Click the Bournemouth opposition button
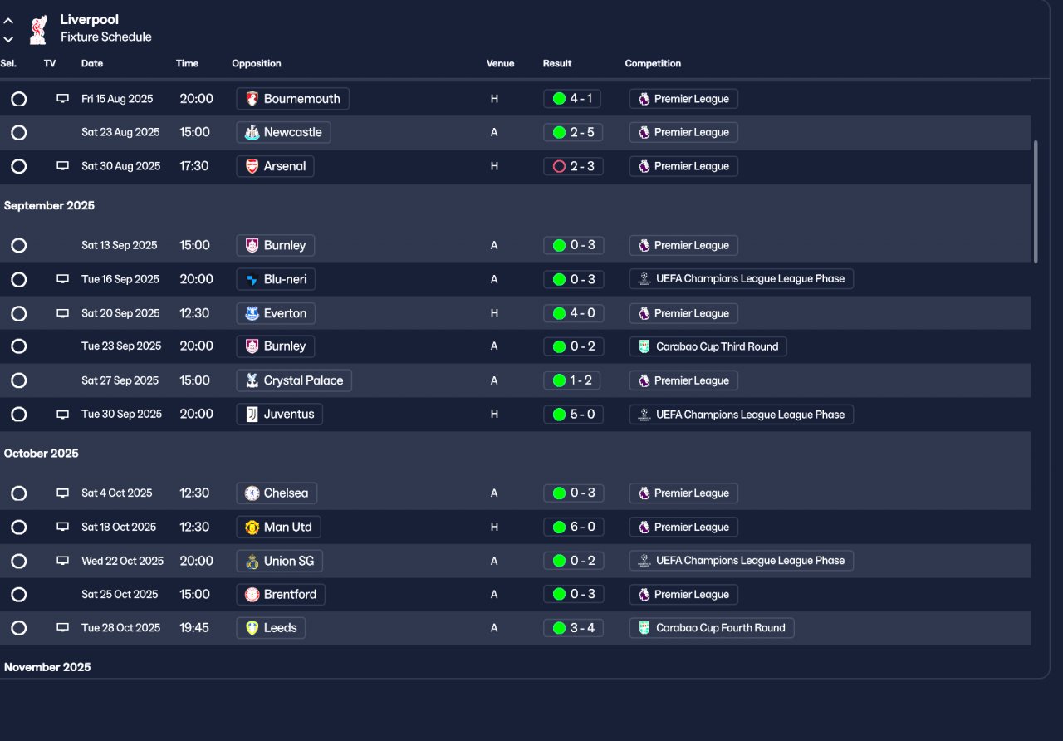point(292,99)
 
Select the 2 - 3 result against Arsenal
point(573,166)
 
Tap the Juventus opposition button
point(280,414)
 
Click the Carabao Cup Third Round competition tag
point(708,346)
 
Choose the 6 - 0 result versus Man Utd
point(573,527)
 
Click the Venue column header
point(500,64)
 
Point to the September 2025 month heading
point(49,206)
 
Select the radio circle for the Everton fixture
point(18,313)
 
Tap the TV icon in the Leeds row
point(62,627)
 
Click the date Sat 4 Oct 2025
point(117,493)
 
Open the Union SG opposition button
point(279,561)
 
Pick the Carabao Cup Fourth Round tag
point(712,628)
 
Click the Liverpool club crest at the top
point(37,30)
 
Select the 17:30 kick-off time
point(194,166)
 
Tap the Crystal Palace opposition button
point(294,380)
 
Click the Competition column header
point(653,64)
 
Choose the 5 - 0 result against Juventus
point(573,414)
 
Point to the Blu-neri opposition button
point(276,279)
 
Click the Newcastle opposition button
point(283,132)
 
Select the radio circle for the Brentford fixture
point(18,595)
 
